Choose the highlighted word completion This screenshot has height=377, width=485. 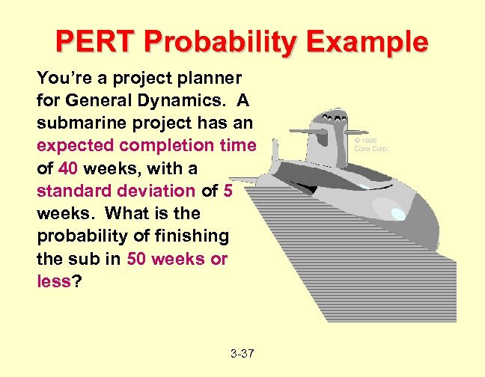point(162,144)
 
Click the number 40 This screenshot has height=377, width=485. point(69,168)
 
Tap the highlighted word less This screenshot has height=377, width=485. point(52,281)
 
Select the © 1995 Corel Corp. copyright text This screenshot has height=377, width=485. point(371,144)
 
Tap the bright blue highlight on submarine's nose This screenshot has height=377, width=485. point(397,215)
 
